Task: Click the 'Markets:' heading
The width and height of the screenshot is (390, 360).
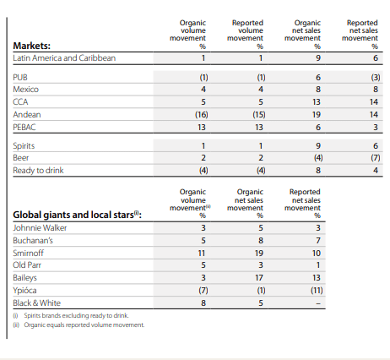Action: click(x=31, y=46)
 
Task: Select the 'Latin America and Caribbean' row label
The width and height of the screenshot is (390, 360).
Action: click(x=64, y=58)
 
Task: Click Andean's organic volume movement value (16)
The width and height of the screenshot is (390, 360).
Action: click(x=202, y=115)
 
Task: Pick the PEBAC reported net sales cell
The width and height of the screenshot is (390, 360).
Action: click(x=376, y=128)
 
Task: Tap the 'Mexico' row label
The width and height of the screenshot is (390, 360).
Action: click(x=25, y=90)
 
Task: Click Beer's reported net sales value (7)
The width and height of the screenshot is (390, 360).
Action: click(x=376, y=158)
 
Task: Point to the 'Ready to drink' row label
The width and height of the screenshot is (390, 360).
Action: click(x=38, y=171)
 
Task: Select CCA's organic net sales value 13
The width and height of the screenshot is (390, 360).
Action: click(x=317, y=102)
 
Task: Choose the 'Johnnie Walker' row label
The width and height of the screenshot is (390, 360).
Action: click(x=40, y=228)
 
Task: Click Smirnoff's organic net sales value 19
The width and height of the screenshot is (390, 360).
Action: click(x=259, y=254)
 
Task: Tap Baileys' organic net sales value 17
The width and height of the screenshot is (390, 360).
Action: click(x=259, y=278)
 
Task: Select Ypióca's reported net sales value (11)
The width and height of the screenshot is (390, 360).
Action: click(x=317, y=291)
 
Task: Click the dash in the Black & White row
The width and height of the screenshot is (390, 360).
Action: click(x=318, y=303)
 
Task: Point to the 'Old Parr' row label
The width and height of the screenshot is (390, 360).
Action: click(x=27, y=265)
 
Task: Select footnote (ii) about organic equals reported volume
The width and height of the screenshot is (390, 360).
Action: click(x=79, y=325)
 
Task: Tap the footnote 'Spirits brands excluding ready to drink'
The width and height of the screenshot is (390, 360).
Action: click(x=71, y=315)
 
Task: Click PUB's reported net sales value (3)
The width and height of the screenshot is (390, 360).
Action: click(x=376, y=78)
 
